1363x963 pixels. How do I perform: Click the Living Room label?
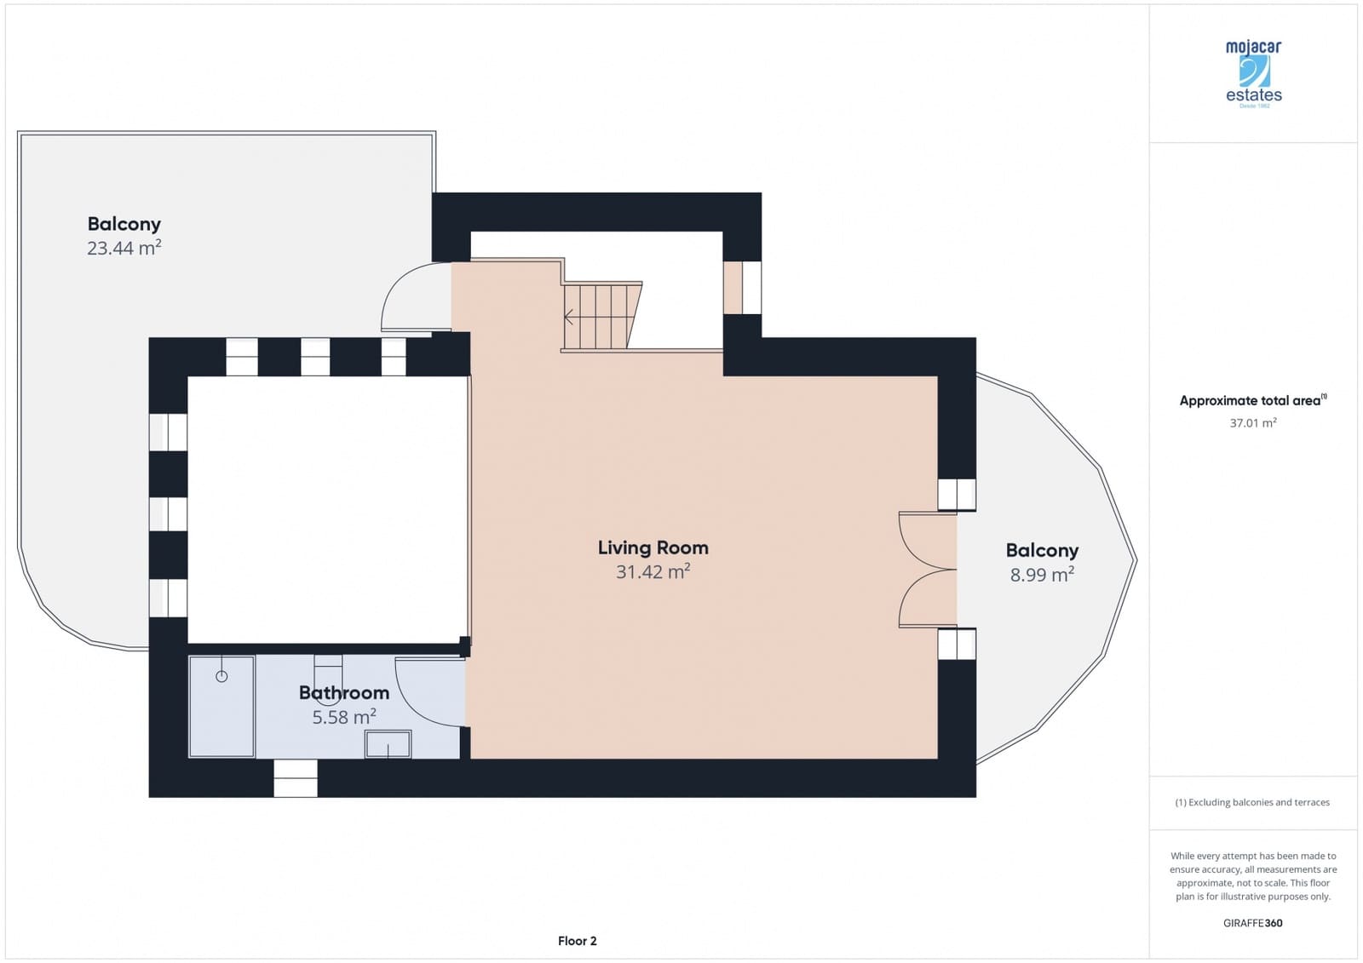pos(653,547)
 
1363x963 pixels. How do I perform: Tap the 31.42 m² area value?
pos(653,572)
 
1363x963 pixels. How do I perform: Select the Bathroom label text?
pos(343,692)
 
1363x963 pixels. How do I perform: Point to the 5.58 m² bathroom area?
pos(343,717)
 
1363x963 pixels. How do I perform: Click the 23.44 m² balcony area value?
pos(124,248)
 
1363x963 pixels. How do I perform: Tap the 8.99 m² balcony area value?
pos(1041,575)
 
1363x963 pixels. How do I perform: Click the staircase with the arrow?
pos(599,317)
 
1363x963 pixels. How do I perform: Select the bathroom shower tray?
pos(221,706)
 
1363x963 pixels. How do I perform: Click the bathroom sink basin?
pos(388,744)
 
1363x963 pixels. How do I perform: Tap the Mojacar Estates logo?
pos(1253,72)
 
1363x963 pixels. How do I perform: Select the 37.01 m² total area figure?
pos(1252,423)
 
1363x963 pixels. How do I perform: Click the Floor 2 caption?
pos(577,941)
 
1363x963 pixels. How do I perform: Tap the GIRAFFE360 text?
pos(1252,923)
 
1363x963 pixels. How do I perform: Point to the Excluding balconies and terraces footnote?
pos(1252,802)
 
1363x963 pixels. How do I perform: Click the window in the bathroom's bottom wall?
pos(296,778)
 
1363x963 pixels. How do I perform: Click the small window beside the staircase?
pos(742,287)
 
